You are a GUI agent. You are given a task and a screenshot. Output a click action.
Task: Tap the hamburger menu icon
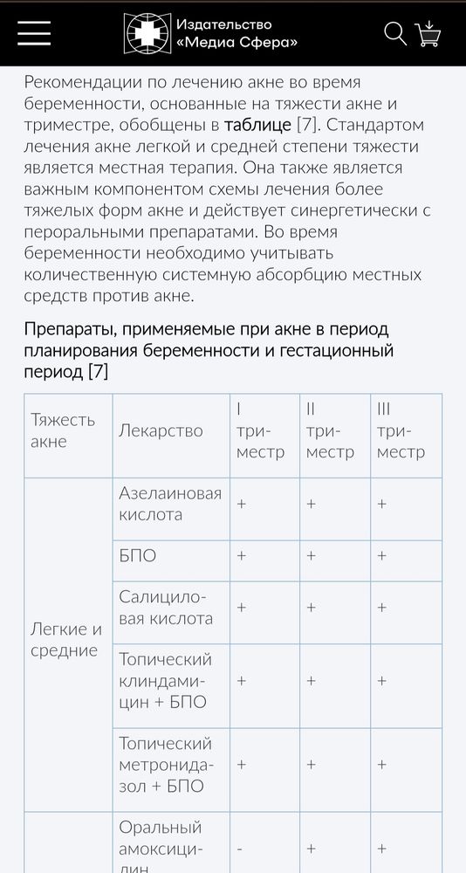tap(34, 32)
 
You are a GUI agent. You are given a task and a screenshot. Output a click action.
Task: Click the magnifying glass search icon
tap(395, 33)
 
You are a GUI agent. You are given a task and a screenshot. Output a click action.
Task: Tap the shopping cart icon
tap(428, 33)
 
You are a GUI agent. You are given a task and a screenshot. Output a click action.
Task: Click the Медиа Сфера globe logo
tap(145, 33)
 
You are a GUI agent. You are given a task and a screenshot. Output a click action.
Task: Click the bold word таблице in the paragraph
tap(257, 125)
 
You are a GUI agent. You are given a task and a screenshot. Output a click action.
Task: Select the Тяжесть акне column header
tap(63, 430)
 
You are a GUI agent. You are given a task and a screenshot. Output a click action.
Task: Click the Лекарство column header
tap(161, 430)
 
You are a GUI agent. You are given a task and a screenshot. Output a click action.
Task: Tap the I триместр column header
tap(260, 430)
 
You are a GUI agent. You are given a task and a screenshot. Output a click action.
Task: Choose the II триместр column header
tap(330, 430)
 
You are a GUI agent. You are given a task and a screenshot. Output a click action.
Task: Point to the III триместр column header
tap(401, 430)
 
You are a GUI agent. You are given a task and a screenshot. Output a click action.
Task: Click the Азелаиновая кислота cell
tap(169, 504)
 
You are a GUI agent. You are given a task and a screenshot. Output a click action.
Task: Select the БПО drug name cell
tap(138, 555)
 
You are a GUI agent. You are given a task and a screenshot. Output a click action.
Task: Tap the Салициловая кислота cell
tap(166, 608)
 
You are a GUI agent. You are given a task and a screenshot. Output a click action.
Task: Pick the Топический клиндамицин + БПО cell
tap(165, 680)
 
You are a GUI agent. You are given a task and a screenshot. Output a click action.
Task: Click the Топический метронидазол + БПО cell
tap(165, 765)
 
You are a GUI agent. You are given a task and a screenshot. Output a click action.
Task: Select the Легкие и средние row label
tap(66, 640)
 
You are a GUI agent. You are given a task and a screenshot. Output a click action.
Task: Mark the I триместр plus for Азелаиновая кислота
tap(241, 505)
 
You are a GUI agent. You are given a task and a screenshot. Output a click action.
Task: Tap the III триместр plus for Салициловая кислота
tap(381, 608)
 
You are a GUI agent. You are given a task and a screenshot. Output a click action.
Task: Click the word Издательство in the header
tap(224, 24)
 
